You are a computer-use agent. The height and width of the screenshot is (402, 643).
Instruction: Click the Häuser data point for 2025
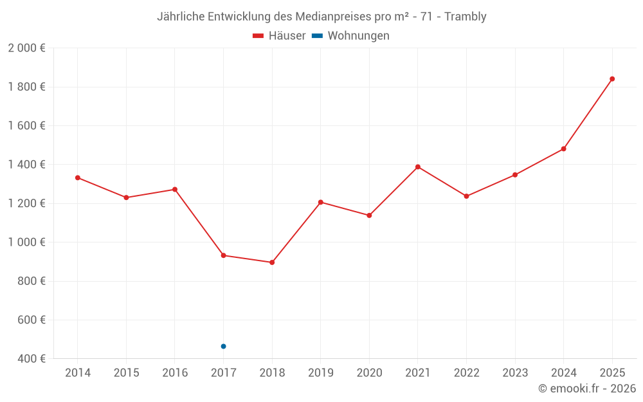(x=612, y=79)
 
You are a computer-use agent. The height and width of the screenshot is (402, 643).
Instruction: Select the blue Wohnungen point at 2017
(x=223, y=346)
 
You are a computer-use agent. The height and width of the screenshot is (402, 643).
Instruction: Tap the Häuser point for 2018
(x=272, y=262)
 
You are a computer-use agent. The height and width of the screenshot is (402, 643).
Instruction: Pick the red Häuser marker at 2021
(x=418, y=167)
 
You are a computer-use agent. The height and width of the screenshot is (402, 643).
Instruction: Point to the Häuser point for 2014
(x=78, y=178)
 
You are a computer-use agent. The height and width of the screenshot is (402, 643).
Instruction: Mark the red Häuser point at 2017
(x=223, y=255)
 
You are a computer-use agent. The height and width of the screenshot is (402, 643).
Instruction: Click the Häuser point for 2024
(x=563, y=149)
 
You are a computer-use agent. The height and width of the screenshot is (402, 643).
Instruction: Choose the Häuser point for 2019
(x=321, y=202)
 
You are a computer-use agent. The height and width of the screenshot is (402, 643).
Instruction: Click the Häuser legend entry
(x=279, y=36)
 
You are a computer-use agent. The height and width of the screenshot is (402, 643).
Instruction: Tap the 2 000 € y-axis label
(x=26, y=48)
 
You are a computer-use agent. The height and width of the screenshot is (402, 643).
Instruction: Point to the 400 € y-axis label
(x=30, y=359)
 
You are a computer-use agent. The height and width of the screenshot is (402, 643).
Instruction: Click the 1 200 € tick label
(x=26, y=203)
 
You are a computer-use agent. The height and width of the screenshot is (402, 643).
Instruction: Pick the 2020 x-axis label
(x=369, y=373)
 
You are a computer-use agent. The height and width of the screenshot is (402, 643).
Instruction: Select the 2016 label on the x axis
(x=175, y=373)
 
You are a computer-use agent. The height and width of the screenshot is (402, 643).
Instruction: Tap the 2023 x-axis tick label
(x=515, y=373)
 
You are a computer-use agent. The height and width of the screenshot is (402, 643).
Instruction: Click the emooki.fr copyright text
(x=587, y=388)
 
